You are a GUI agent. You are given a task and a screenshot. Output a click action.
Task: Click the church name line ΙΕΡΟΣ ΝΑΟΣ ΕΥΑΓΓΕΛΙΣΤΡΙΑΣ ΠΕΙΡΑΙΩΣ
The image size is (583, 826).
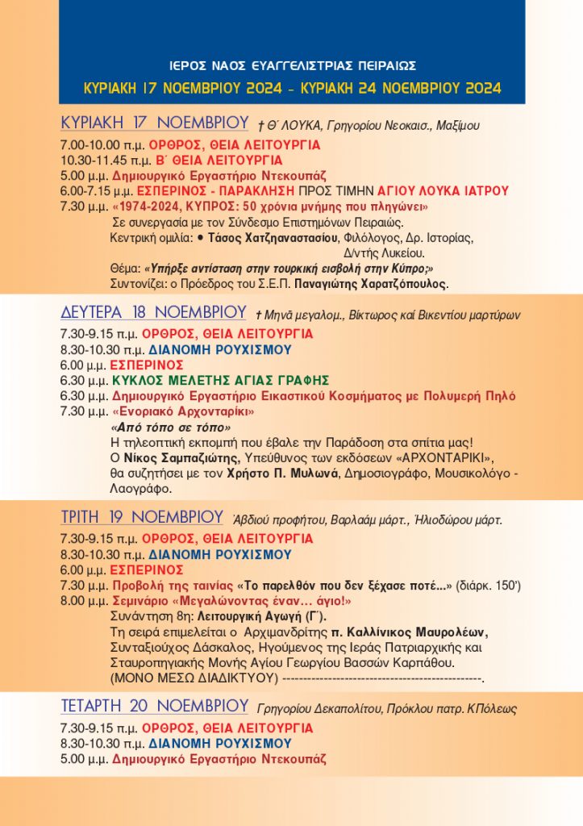[x=293, y=65]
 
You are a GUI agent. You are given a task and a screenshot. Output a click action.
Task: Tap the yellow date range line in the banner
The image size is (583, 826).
[x=293, y=87]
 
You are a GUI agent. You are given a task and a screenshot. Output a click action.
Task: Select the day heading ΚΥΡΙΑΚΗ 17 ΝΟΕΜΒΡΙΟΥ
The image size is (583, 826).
[x=154, y=123]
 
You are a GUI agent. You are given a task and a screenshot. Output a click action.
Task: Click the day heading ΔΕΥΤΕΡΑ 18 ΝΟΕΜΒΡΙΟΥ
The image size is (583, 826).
[x=153, y=312]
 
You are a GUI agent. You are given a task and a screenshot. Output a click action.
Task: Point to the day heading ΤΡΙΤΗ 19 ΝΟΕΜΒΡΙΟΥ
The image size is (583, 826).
[x=142, y=517]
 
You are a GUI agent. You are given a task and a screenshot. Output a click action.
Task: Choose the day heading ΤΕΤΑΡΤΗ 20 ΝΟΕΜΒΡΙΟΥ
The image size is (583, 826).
[x=154, y=707]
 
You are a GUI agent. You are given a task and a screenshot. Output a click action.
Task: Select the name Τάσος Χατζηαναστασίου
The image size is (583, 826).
[x=273, y=238]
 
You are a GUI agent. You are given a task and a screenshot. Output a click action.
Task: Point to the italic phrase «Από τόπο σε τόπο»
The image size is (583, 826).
[x=170, y=427]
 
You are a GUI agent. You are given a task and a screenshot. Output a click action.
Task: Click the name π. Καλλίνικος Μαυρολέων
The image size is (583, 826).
[x=422, y=631]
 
